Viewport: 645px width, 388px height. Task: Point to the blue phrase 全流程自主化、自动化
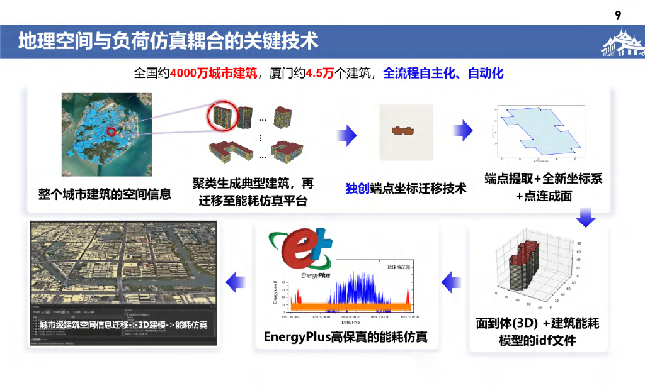[x=443, y=73]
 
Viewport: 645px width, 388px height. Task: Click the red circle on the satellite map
[x=111, y=132]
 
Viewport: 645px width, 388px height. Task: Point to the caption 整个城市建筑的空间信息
[x=105, y=194]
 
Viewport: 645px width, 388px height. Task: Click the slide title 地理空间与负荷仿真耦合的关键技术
[x=168, y=41]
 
